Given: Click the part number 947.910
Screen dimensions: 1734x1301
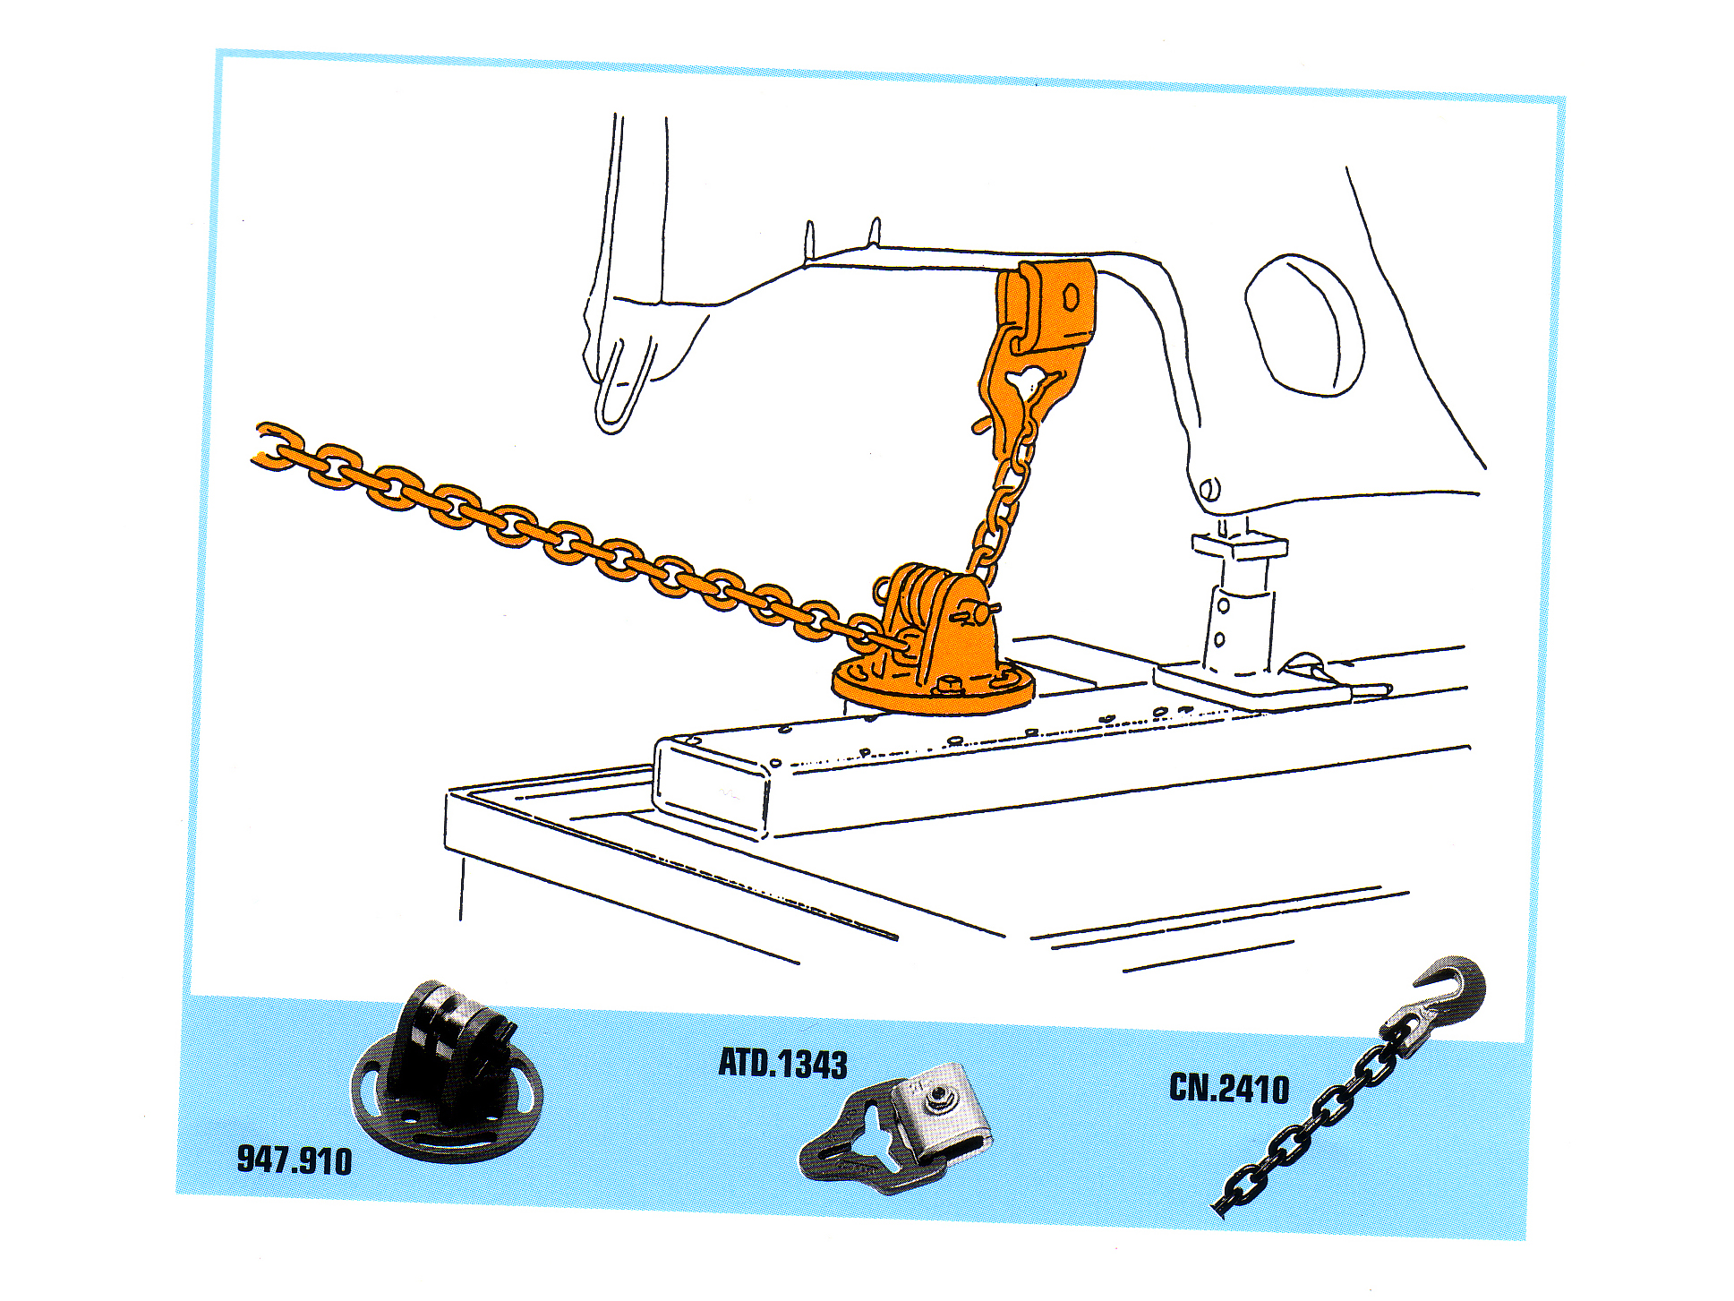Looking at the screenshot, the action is (295, 1160).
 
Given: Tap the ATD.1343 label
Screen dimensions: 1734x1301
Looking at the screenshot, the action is (783, 1063).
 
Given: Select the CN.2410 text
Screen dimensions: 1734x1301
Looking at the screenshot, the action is (1229, 1088).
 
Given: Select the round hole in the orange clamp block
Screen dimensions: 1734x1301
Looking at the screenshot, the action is (1072, 296).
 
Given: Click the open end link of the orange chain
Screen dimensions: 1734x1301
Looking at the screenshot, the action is (272, 445).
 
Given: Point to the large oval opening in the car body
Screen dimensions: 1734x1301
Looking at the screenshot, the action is (1305, 324).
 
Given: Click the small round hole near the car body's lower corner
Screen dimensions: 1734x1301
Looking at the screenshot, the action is (1209, 489).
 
